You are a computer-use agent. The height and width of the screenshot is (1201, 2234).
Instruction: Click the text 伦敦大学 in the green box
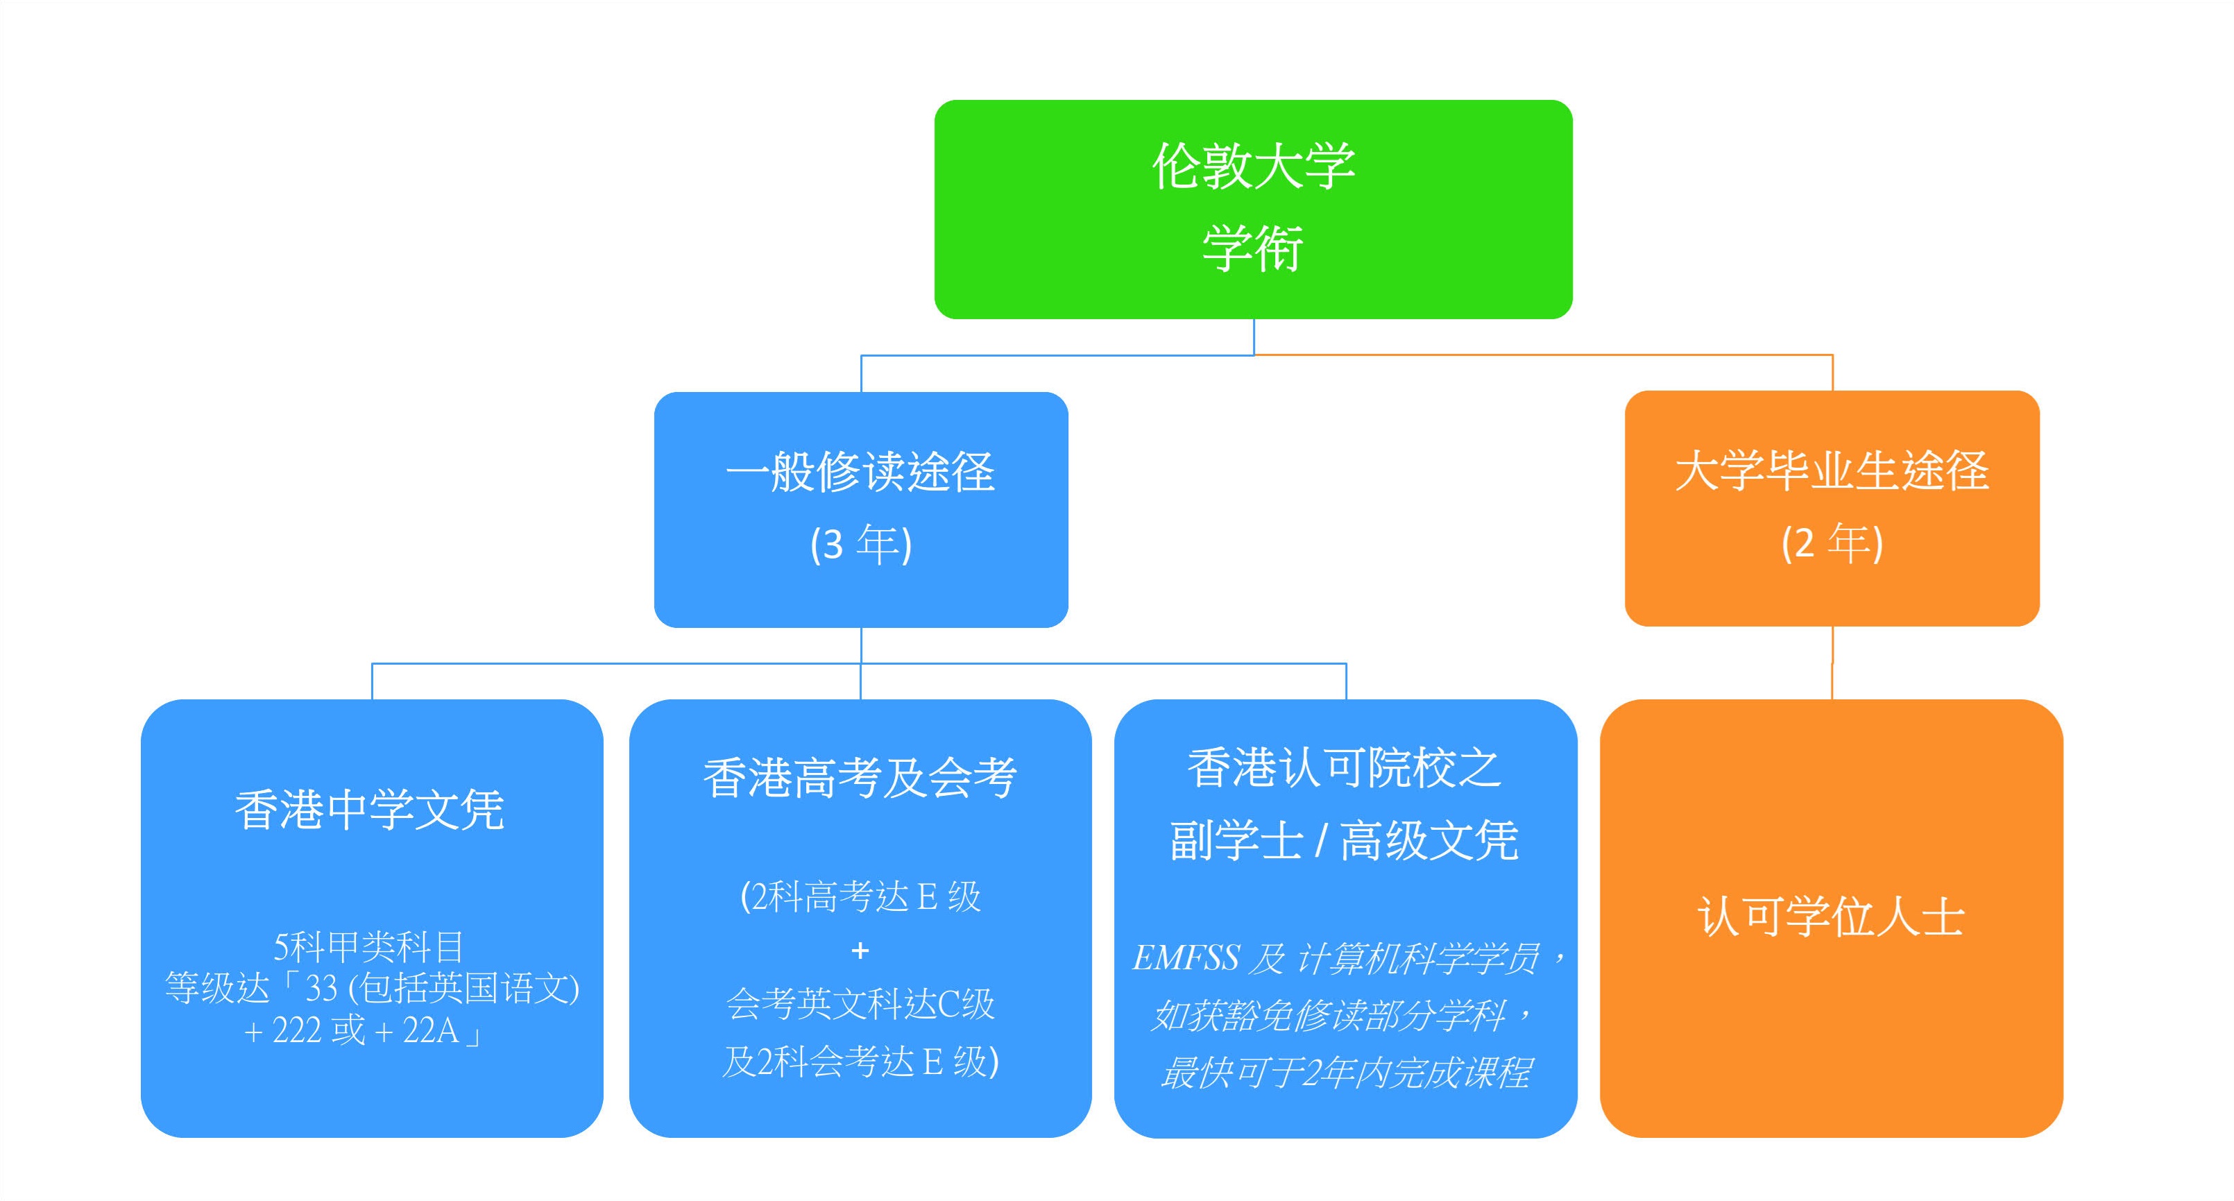coord(1252,166)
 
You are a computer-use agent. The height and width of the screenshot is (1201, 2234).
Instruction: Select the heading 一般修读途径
coord(860,472)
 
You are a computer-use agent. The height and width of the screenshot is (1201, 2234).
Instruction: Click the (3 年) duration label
coord(860,545)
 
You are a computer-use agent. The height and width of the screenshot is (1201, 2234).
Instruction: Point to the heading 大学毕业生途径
coord(1831,471)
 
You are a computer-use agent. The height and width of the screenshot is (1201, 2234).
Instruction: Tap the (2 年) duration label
coord(1831,544)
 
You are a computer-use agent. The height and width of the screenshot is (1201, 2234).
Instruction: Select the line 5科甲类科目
coord(368,947)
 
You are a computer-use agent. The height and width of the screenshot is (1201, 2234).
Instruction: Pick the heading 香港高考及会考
coord(860,777)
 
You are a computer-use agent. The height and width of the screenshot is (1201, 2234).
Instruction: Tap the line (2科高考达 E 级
coord(860,896)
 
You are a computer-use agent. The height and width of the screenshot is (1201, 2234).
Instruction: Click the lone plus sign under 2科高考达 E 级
coord(860,951)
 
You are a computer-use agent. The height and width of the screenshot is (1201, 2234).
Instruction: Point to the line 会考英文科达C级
coord(860,1004)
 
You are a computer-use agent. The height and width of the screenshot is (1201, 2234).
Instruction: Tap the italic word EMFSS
coord(1186,958)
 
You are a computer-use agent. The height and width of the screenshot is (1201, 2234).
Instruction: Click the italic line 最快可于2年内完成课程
coord(1345,1073)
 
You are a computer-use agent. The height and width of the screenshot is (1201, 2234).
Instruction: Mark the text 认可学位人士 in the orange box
coord(1831,917)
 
